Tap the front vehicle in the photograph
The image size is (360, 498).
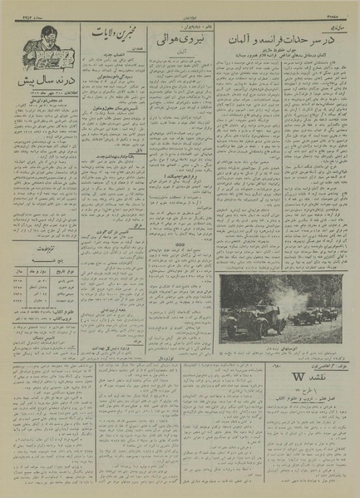pos(251,321)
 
